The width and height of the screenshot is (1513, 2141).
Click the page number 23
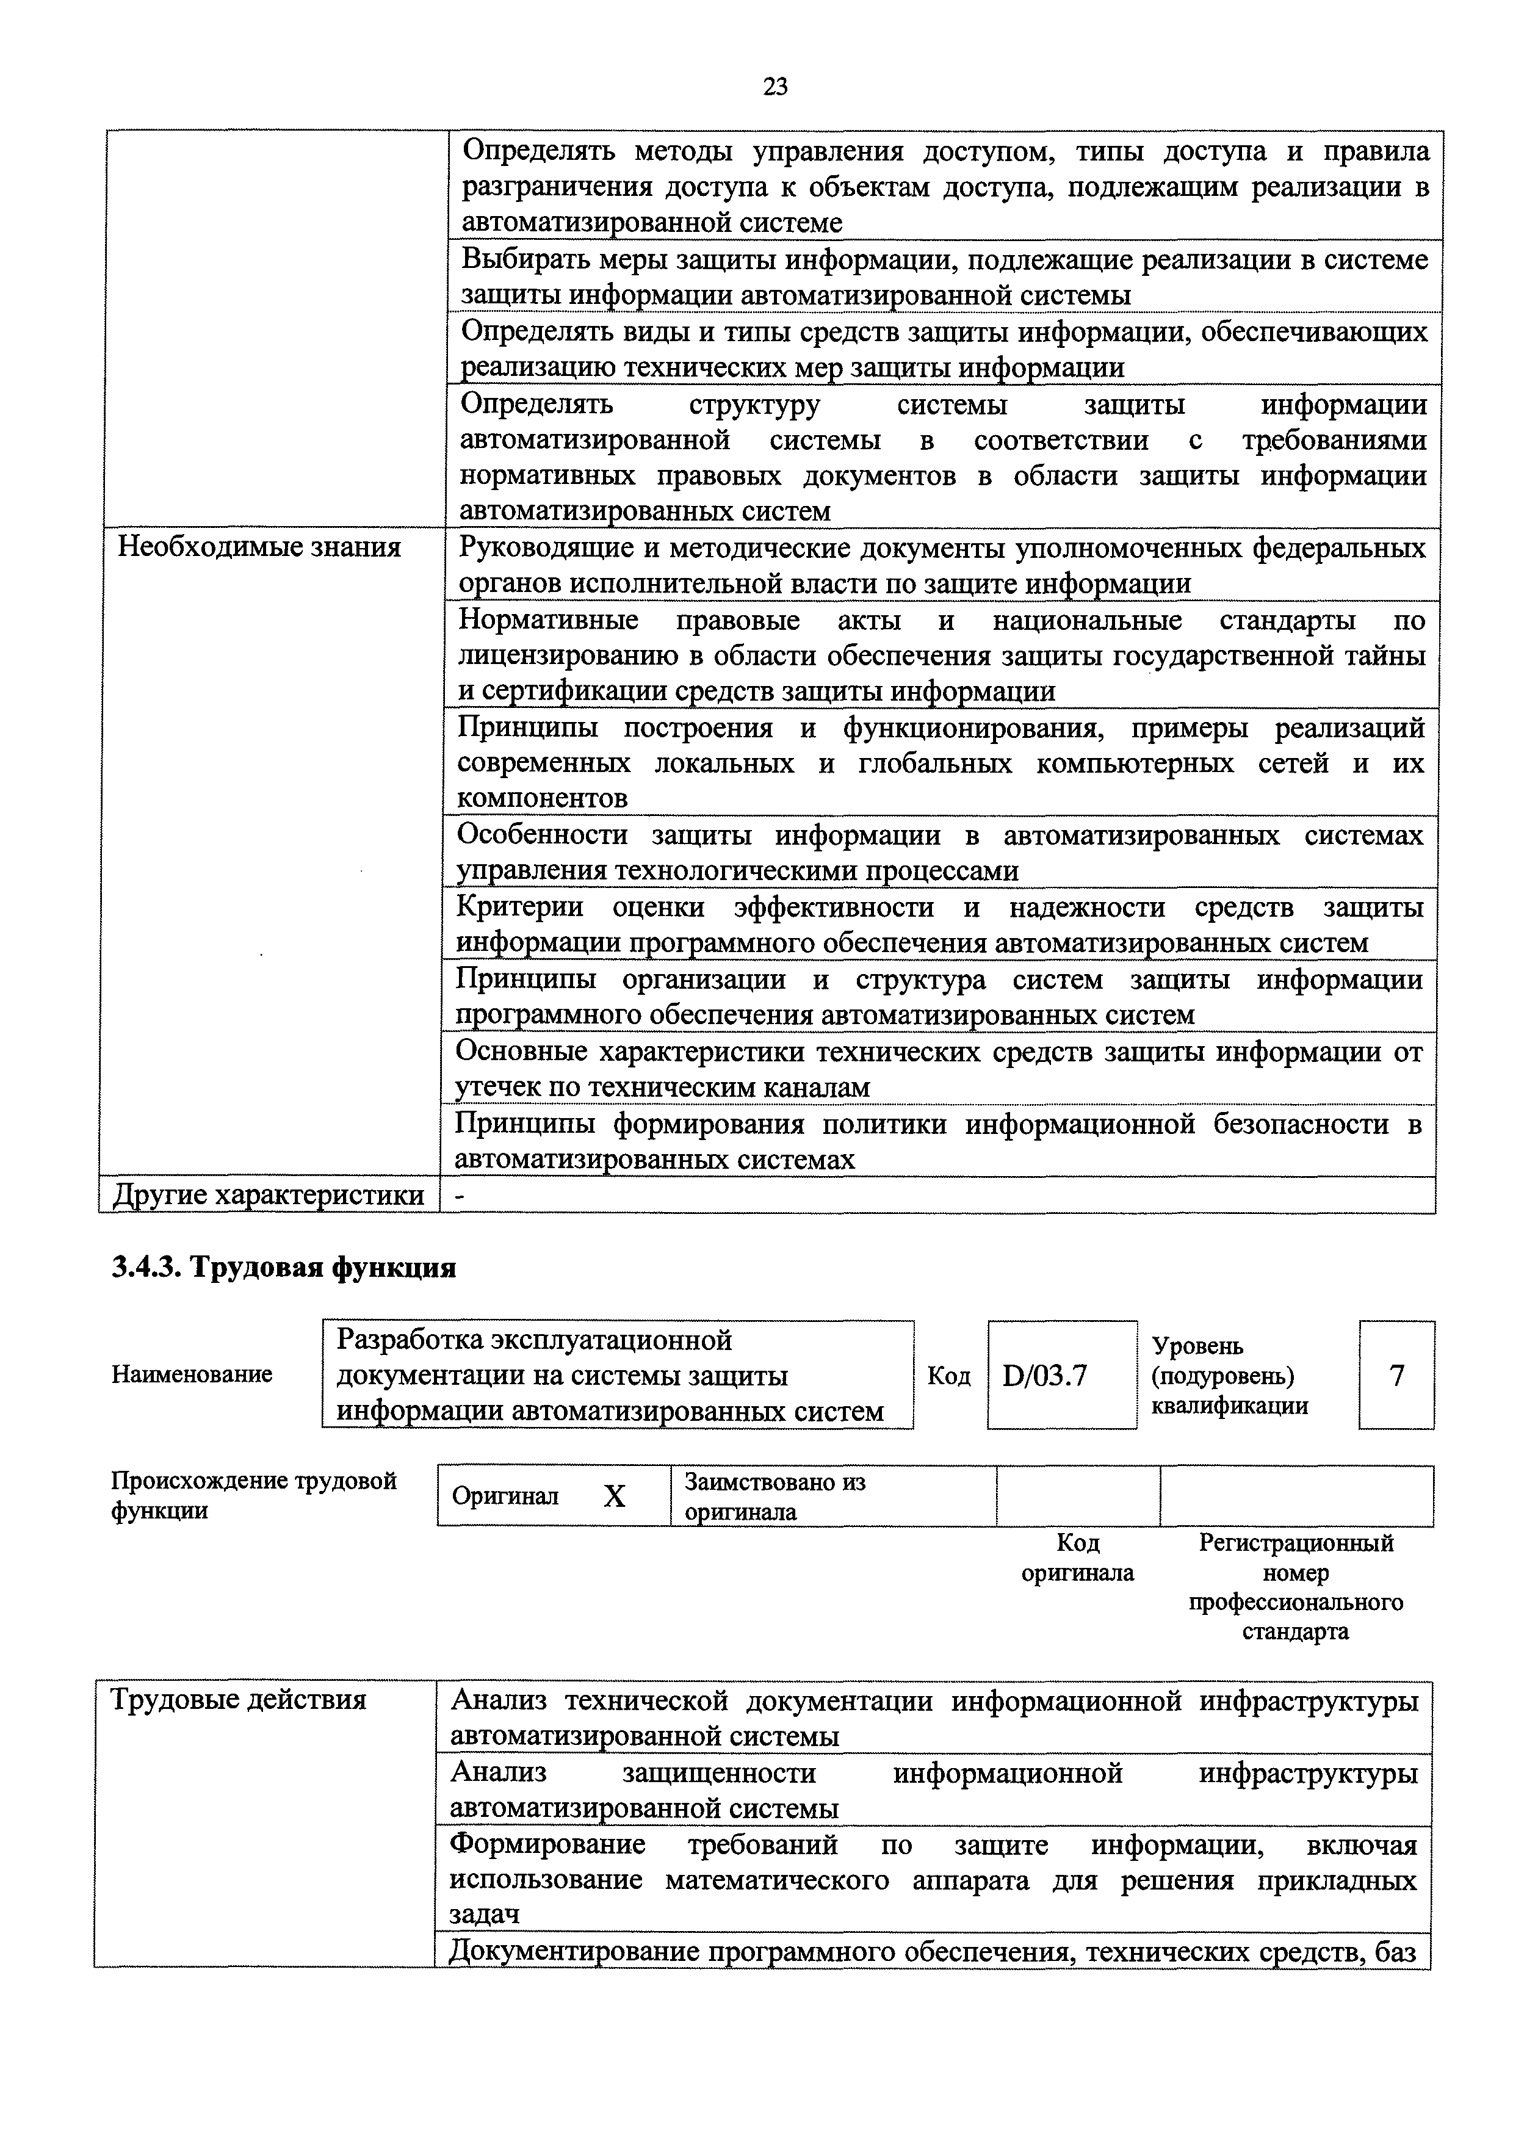tap(775, 87)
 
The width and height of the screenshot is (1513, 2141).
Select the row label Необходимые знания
tap(259, 547)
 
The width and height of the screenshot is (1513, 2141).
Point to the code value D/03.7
tap(1045, 1376)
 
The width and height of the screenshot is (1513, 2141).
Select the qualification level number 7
tap(1396, 1376)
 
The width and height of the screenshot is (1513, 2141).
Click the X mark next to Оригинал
tap(615, 1497)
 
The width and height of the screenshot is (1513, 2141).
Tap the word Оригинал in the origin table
tap(505, 1497)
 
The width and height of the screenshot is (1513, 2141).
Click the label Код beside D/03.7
tap(949, 1376)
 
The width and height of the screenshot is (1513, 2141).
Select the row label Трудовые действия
tap(239, 1700)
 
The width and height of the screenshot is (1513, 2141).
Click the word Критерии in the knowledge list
tap(520, 908)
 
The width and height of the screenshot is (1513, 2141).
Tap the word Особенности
tap(541, 836)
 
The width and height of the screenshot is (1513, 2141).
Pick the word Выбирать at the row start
tap(529, 259)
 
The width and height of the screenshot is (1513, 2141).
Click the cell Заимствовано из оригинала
tap(776, 1497)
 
